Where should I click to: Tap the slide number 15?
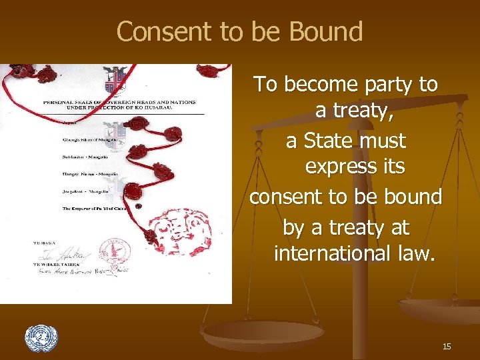[x=446, y=346]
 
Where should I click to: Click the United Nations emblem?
[x=41, y=338]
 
